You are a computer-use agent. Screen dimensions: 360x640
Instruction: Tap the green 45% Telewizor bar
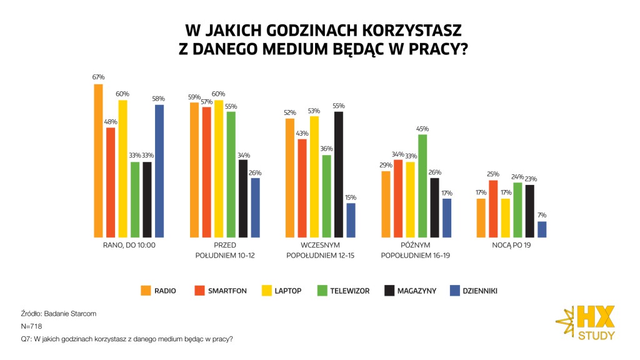(422, 186)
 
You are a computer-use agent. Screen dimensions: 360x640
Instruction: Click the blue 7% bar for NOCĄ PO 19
(542, 229)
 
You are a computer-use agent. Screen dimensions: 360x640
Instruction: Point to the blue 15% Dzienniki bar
(351, 220)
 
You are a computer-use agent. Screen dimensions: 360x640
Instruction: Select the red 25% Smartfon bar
(493, 208)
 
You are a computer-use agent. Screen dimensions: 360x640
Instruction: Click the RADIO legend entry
(158, 291)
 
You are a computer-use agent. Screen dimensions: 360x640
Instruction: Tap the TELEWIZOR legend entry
(343, 291)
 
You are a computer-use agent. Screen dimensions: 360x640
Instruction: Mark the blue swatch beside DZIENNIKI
(454, 291)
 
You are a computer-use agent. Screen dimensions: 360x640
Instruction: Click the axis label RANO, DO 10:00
(129, 245)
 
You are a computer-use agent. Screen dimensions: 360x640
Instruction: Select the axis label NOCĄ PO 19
(511, 245)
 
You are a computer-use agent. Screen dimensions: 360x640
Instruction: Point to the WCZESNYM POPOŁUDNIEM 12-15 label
(319, 250)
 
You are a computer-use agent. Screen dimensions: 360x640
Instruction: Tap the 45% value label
(422, 129)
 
